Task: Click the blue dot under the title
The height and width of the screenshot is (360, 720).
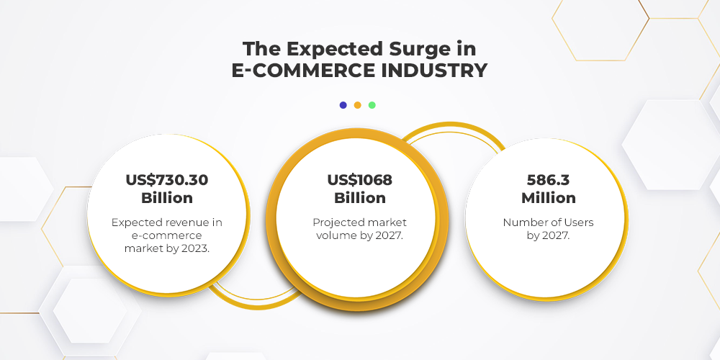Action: [x=343, y=105]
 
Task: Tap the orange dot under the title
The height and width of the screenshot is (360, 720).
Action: [x=358, y=105]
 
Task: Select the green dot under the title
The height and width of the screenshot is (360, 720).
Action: [x=372, y=105]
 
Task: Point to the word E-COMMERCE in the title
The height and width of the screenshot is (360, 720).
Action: [x=302, y=71]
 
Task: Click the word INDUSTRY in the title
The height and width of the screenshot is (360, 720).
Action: [x=434, y=71]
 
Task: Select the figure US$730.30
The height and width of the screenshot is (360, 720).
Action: [x=167, y=180]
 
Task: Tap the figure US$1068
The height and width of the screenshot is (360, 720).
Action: [x=359, y=180]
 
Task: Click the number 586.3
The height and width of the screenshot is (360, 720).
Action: [x=548, y=180]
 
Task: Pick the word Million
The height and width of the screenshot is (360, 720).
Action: [x=548, y=198]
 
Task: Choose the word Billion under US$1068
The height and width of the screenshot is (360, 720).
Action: [x=359, y=198]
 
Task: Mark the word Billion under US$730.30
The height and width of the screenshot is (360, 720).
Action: [x=167, y=198]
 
